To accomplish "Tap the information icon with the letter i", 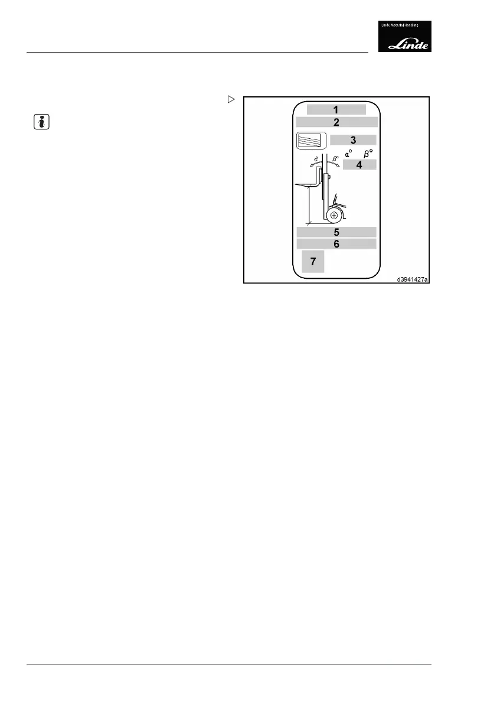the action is (38, 122).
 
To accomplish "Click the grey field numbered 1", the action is (336, 109).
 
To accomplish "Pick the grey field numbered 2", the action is (336, 122).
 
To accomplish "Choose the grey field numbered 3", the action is (353, 140).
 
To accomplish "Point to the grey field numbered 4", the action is (359, 165).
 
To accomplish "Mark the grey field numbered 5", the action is (336, 232).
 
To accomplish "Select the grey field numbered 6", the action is (336, 243).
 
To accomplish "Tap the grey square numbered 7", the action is (313, 261).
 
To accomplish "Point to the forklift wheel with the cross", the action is (335, 216).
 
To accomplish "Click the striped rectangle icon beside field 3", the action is (311, 141).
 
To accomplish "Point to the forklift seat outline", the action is (338, 201).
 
